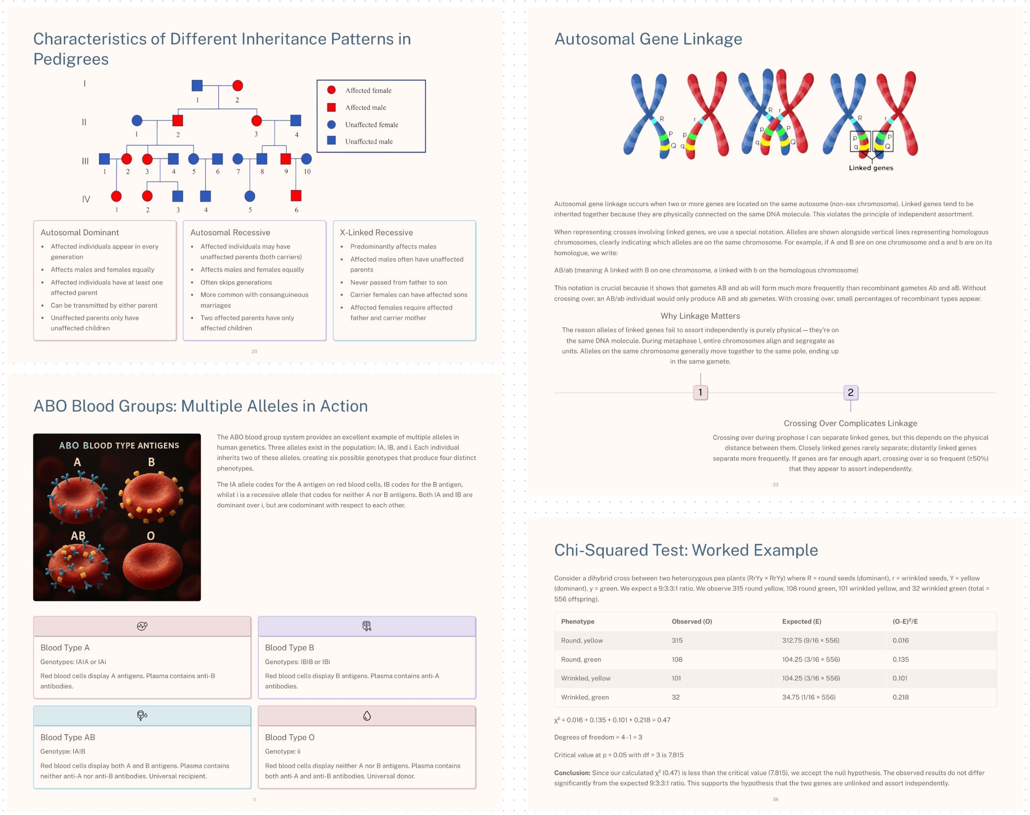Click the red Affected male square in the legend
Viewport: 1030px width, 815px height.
(331, 107)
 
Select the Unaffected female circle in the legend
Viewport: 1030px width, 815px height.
(331, 125)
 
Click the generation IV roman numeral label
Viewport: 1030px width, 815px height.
(86, 199)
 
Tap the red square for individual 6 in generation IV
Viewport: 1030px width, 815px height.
(296, 196)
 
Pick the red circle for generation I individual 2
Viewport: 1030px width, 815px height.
(237, 85)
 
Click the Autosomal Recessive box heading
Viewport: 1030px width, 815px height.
(230, 232)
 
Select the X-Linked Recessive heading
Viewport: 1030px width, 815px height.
(376, 232)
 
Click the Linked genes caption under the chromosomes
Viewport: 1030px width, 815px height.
(871, 168)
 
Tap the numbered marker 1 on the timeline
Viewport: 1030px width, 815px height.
(700, 392)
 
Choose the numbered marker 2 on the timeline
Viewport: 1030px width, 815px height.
(850, 392)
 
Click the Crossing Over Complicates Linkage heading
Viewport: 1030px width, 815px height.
(850, 423)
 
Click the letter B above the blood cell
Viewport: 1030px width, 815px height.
(151, 462)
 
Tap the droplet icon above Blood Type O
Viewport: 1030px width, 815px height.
(367, 715)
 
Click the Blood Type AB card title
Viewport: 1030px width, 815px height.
(68, 737)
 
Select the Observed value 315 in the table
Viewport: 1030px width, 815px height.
(677, 641)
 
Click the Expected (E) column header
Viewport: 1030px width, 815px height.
(801, 621)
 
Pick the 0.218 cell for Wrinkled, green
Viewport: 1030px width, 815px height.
(900, 697)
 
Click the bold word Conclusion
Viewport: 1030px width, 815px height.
(572, 772)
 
